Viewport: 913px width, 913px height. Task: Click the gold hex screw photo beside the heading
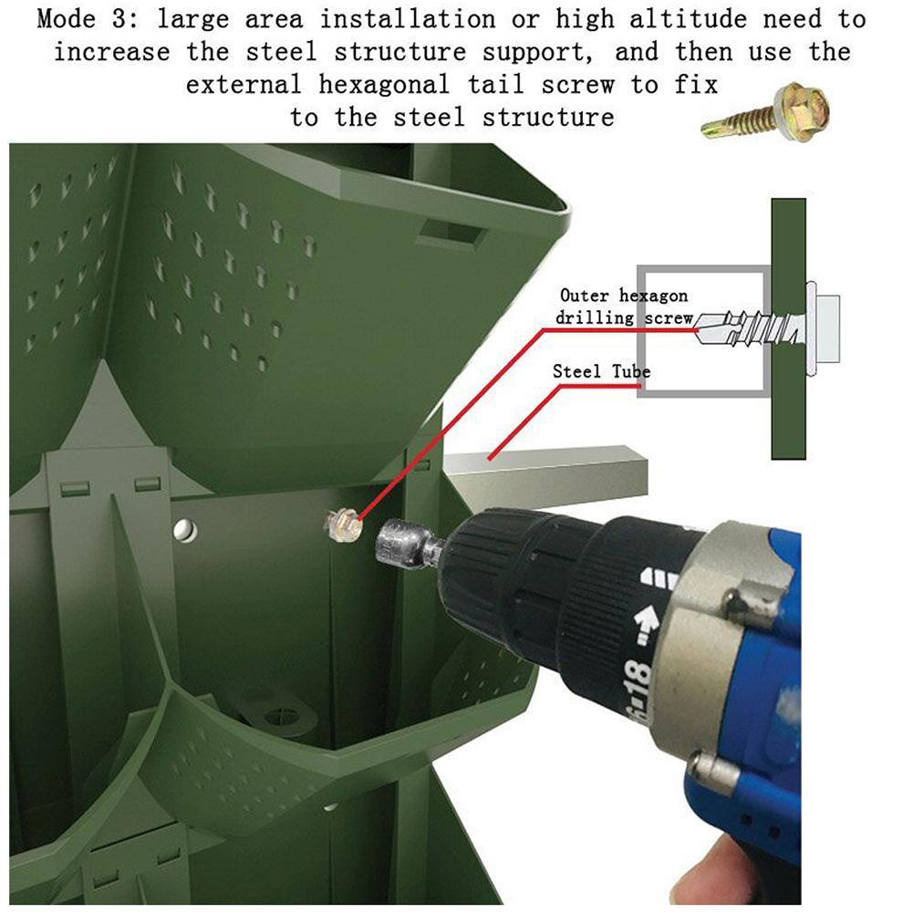767,113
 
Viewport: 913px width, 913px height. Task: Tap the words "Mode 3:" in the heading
88,19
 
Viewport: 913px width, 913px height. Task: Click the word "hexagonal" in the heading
384,85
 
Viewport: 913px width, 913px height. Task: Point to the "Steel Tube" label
601,371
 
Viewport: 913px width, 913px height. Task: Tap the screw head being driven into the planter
344,524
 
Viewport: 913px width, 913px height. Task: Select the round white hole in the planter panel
184,529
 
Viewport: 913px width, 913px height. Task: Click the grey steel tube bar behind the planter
547,474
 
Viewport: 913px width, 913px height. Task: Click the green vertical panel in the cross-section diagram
788,328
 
